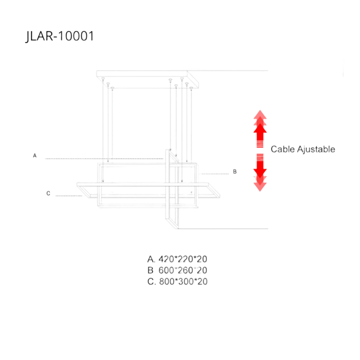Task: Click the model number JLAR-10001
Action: click(x=59, y=37)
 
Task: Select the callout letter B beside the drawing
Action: click(x=235, y=172)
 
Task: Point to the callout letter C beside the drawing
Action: click(x=49, y=193)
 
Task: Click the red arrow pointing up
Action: click(x=260, y=128)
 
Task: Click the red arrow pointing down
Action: click(x=260, y=173)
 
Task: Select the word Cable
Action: click(x=282, y=149)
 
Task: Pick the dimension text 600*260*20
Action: click(x=183, y=270)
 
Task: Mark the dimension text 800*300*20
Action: click(x=183, y=282)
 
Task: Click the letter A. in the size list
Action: click(x=151, y=259)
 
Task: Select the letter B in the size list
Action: click(x=151, y=270)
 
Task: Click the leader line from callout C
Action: click(x=69, y=196)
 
